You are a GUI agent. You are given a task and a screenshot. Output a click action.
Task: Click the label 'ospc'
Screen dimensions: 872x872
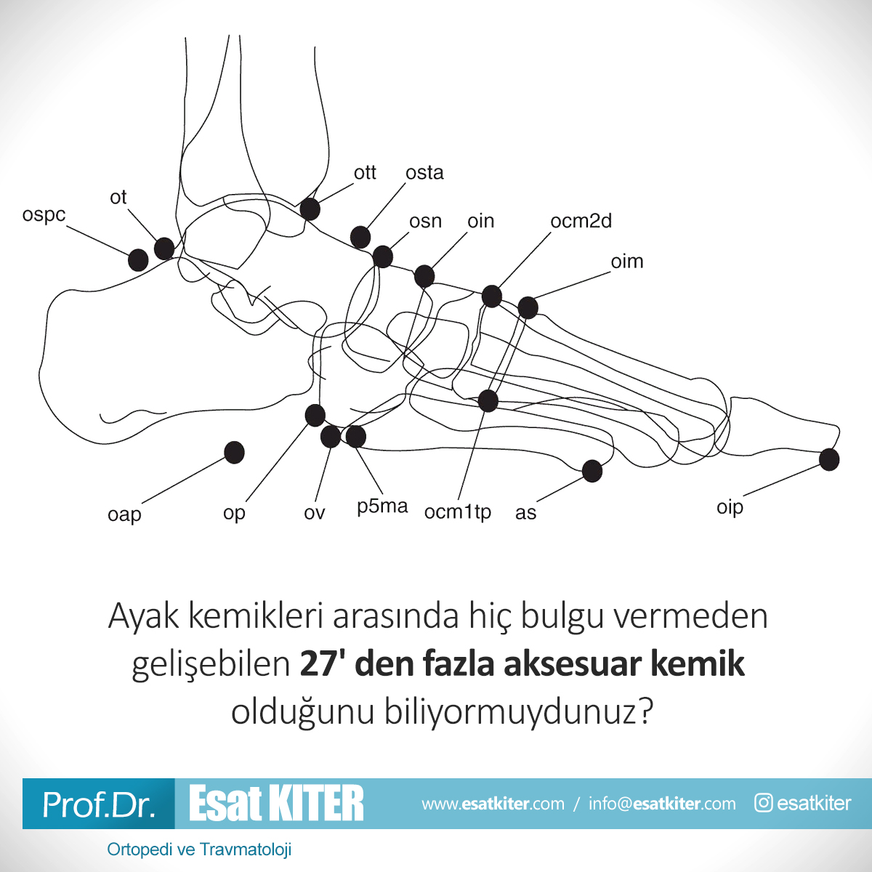coord(44,215)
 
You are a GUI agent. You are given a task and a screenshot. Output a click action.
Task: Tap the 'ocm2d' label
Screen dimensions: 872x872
coord(581,221)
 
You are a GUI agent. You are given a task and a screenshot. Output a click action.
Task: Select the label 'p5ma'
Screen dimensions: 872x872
coord(382,506)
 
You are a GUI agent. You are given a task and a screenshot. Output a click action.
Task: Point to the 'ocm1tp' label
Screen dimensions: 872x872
coord(458,512)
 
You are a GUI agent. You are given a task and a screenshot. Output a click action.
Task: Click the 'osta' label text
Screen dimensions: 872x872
coord(424,173)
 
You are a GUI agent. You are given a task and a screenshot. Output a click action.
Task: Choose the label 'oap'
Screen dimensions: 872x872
coord(124,515)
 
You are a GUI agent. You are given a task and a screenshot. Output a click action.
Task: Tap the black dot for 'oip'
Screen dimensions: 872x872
coord(829,460)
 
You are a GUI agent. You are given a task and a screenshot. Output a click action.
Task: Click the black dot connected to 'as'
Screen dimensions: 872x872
coord(592,471)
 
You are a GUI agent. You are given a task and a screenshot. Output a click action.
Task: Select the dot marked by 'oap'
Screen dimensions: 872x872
coord(235,453)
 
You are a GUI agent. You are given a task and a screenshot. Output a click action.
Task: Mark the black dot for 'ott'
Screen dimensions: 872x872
coord(310,209)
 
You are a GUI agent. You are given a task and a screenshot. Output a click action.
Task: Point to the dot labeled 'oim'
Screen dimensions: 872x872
coord(528,307)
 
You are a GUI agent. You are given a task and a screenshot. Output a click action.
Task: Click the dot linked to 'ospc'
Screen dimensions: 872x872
coord(138,260)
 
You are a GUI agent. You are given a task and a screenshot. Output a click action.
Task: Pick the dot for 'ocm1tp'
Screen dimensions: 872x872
coord(488,401)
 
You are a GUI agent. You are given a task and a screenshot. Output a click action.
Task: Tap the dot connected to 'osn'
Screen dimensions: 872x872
coord(382,257)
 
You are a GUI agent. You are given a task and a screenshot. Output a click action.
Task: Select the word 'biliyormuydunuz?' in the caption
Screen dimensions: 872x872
coord(519,712)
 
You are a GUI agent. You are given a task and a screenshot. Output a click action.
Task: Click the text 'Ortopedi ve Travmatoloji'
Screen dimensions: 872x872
coord(199,849)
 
